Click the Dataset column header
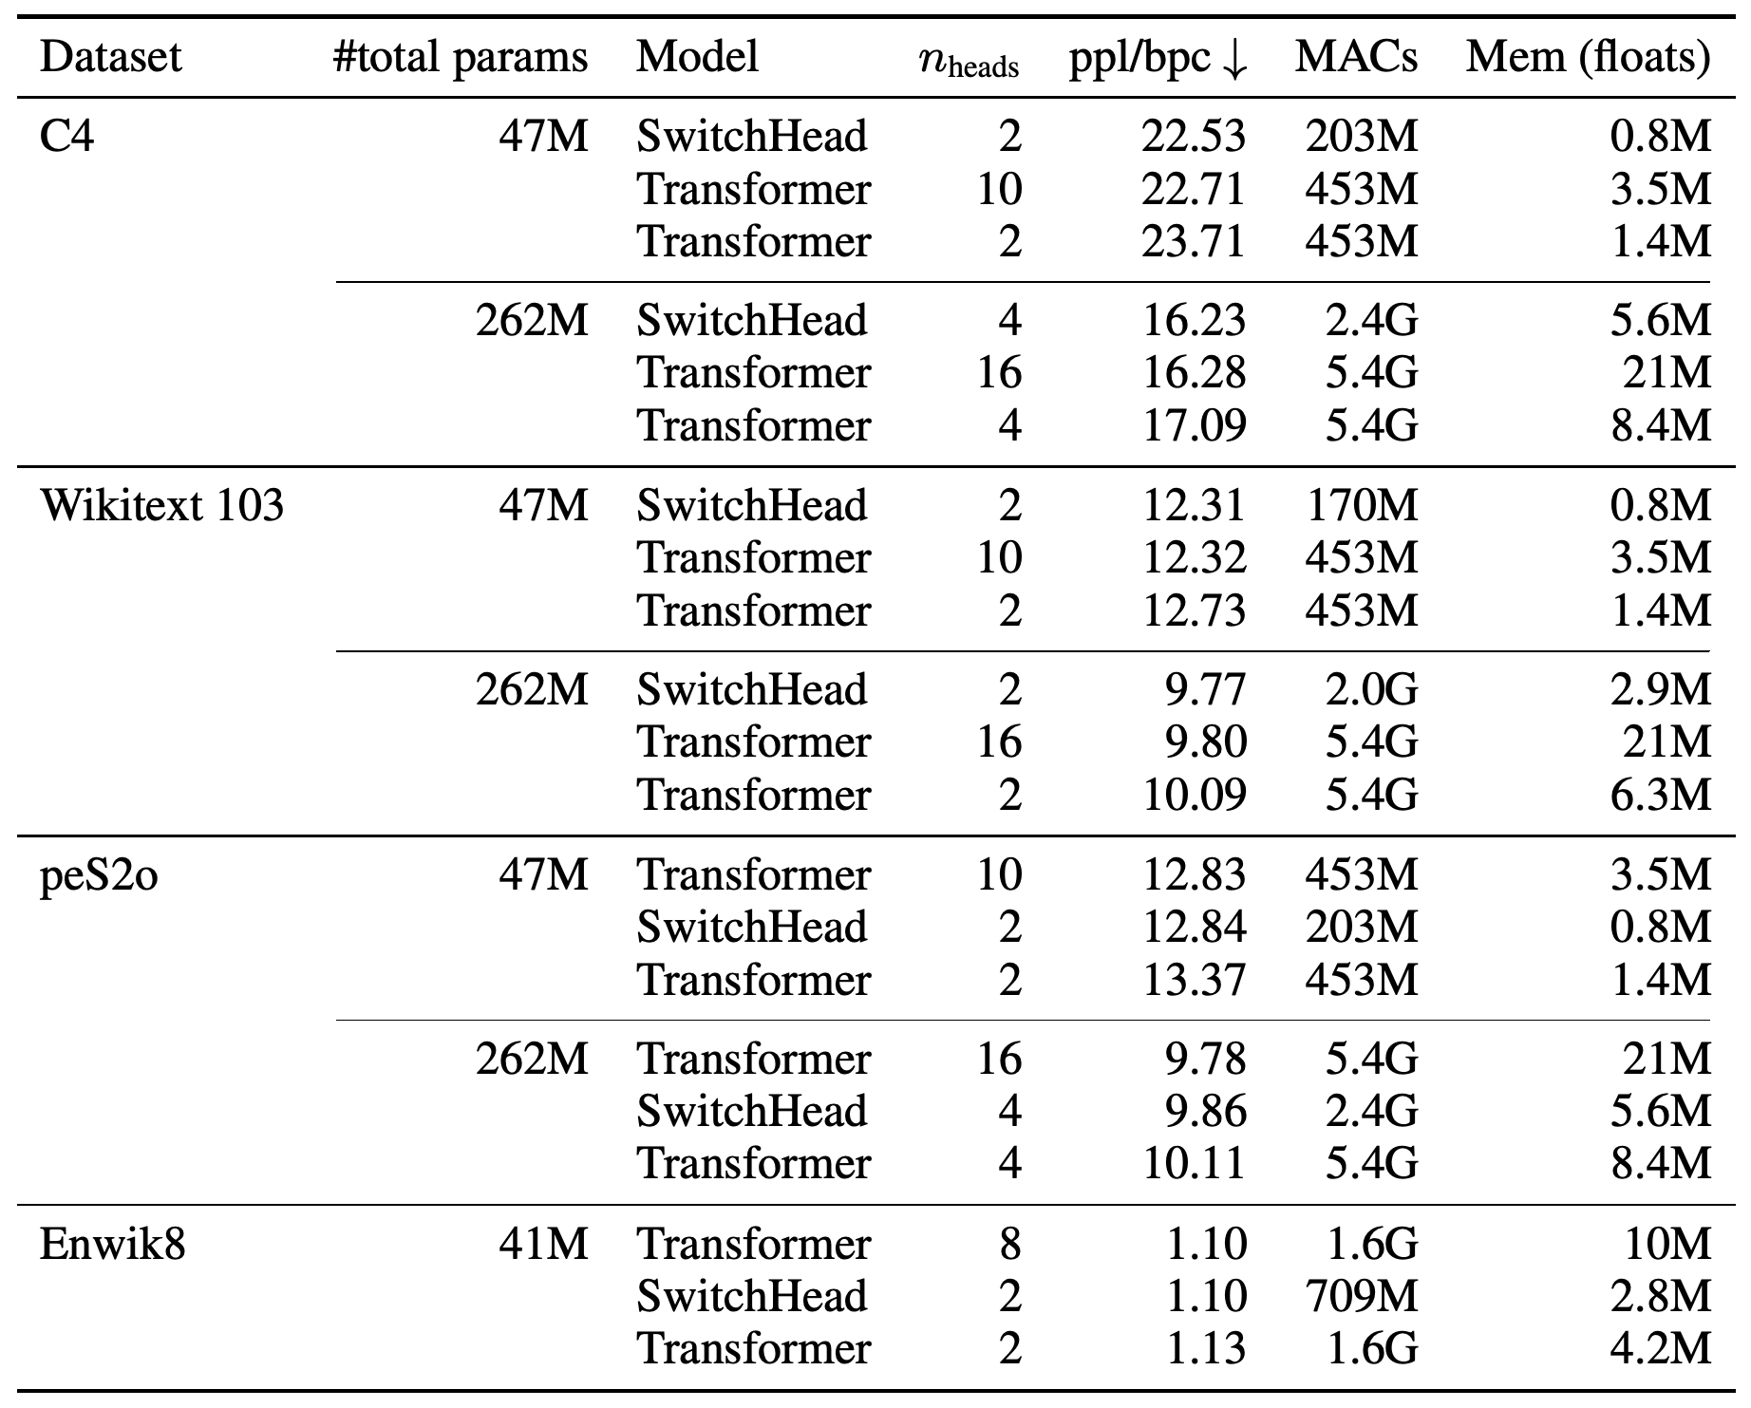(110, 57)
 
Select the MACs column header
(1356, 57)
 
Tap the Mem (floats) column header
(1588, 58)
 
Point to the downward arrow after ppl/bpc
(1234, 60)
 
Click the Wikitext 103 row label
(161, 504)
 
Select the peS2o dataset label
(99, 874)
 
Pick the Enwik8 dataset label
(112, 1243)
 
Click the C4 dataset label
(67, 136)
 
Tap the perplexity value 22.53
(1193, 136)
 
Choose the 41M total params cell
(543, 1243)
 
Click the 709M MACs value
(1362, 1296)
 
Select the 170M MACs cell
(1362, 504)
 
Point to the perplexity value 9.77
(1205, 689)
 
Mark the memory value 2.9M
(1661, 689)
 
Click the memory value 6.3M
(1661, 795)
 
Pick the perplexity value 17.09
(1193, 425)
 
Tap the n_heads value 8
(1010, 1243)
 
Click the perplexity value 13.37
(1193, 980)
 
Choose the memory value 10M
(1666, 1243)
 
